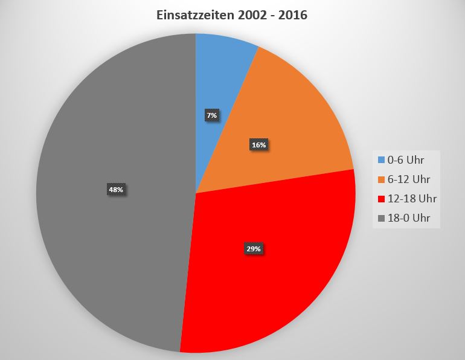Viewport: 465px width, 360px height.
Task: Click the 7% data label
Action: [211, 115]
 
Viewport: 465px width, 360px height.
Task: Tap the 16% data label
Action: [258, 145]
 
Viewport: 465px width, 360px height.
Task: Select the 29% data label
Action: [253, 248]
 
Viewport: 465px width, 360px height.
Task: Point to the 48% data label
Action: [115, 190]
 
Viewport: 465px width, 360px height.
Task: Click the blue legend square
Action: [381, 160]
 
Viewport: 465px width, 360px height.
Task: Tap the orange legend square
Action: [381, 179]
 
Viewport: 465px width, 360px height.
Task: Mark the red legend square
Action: [381, 199]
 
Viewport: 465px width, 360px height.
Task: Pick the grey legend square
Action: [381, 218]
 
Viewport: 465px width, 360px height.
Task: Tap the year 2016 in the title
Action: [293, 16]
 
